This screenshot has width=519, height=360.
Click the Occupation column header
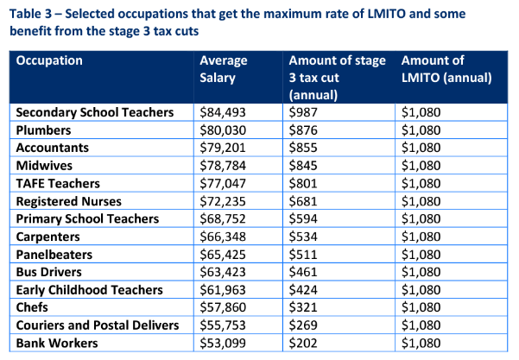click(x=49, y=61)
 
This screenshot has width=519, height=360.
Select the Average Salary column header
click(x=224, y=69)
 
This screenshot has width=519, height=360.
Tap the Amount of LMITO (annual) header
click(x=446, y=69)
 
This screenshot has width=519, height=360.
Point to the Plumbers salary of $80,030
click(x=223, y=129)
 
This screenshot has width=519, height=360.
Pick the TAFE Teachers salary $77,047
click(x=223, y=183)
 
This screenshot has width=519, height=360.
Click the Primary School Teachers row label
click(x=87, y=218)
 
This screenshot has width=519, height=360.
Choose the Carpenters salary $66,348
click(x=223, y=237)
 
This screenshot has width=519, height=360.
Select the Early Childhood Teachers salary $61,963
click(x=223, y=290)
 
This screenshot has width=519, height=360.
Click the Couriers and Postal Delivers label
click(x=98, y=325)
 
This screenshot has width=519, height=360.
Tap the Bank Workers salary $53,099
click(x=223, y=344)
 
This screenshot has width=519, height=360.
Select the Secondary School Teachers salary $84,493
click(x=223, y=112)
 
